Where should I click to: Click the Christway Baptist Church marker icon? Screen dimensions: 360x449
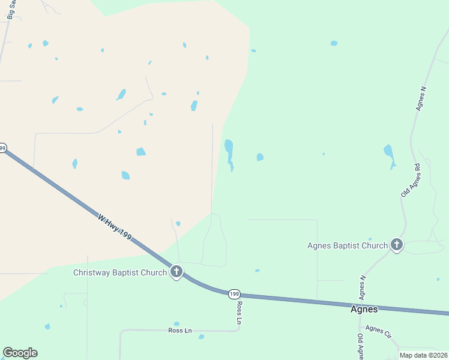(176, 272)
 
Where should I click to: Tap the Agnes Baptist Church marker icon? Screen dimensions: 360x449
(396, 245)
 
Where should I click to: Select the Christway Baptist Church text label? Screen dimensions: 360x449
(119, 273)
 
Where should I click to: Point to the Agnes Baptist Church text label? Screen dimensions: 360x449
(348, 245)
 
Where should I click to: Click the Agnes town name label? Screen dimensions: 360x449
(364, 310)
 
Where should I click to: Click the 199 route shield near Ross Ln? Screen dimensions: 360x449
(234, 294)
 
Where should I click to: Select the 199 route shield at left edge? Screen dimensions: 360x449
(2, 148)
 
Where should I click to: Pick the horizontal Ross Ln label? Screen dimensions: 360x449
(179, 331)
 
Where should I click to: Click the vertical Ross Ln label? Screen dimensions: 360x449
(239, 313)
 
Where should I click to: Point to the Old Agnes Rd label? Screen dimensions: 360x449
(412, 180)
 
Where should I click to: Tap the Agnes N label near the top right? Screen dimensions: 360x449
(421, 98)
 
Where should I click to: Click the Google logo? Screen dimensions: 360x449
(20, 353)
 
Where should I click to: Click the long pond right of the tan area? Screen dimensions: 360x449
(229, 154)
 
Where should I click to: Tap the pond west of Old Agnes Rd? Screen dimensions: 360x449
(390, 155)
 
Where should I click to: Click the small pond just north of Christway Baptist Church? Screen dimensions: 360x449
(178, 224)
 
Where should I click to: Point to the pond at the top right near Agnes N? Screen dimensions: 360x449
(334, 43)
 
